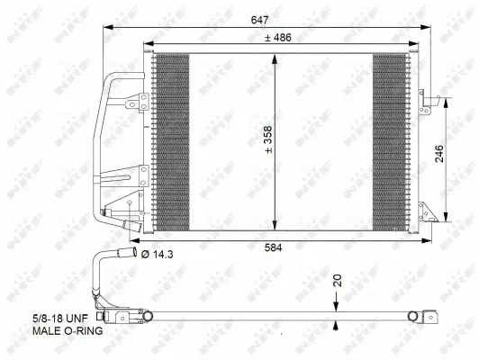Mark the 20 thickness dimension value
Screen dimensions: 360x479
click(x=338, y=281)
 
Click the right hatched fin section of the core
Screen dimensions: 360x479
click(x=391, y=142)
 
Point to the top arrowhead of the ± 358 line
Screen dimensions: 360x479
click(x=276, y=58)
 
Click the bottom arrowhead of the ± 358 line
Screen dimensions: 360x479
click(x=276, y=228)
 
